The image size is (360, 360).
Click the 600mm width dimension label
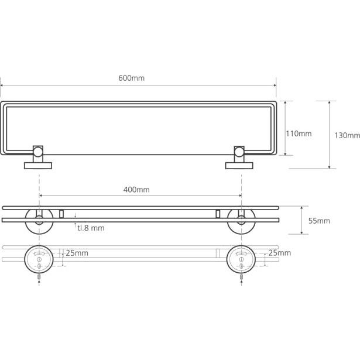[x=131, y=78]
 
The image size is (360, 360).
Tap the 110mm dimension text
[x=299, y=133]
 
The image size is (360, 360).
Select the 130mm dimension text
[x=347, y=135]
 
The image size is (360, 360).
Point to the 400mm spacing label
[x=136, y=190]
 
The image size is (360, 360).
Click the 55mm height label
[x=319, y=221]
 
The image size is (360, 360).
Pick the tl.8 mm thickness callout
[x=91, y=228]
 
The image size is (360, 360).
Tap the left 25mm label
[x=77, y=253]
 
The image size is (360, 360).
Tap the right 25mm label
[x=280, y=253]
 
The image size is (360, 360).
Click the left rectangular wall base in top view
[x=38, y=166]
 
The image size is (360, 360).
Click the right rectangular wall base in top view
[x=239, y=166]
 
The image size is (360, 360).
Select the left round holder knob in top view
[x=38, y=152]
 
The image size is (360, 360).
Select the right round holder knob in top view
[x=239, y=152]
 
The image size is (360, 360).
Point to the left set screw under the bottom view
[x=39, y=277]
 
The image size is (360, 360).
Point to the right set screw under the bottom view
[x=242, y=277]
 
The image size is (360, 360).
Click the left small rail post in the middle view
[x=61, y=214]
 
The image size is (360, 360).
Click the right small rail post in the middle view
[x=218, y=214]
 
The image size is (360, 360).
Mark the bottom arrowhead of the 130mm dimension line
[x=329, y=167]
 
